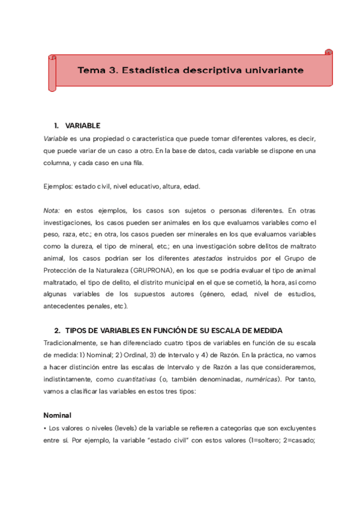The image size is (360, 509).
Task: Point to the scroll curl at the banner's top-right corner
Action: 328,53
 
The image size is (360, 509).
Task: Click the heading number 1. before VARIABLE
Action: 56,125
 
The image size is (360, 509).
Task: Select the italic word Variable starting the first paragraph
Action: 56,138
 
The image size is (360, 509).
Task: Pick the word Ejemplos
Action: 58,187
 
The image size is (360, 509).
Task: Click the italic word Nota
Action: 52,211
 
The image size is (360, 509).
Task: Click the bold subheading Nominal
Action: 58,415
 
